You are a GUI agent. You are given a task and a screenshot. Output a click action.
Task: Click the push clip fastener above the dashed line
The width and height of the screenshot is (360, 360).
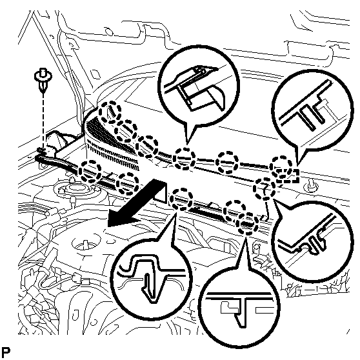[43, 79]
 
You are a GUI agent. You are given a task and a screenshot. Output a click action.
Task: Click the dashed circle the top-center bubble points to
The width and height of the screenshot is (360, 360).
[184, 159]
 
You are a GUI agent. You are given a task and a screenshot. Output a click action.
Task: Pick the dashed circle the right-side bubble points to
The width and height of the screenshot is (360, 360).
[265, 188]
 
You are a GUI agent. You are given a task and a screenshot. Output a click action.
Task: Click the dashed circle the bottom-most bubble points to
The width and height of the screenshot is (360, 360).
[248, 223]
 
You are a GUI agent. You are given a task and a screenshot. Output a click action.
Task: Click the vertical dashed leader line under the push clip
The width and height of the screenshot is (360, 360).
[43, 121]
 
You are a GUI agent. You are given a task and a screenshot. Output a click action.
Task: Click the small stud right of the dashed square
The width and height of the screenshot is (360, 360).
[311, 185]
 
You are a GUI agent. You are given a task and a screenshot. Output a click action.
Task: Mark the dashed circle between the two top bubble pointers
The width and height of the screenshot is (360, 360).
[228, 162]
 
